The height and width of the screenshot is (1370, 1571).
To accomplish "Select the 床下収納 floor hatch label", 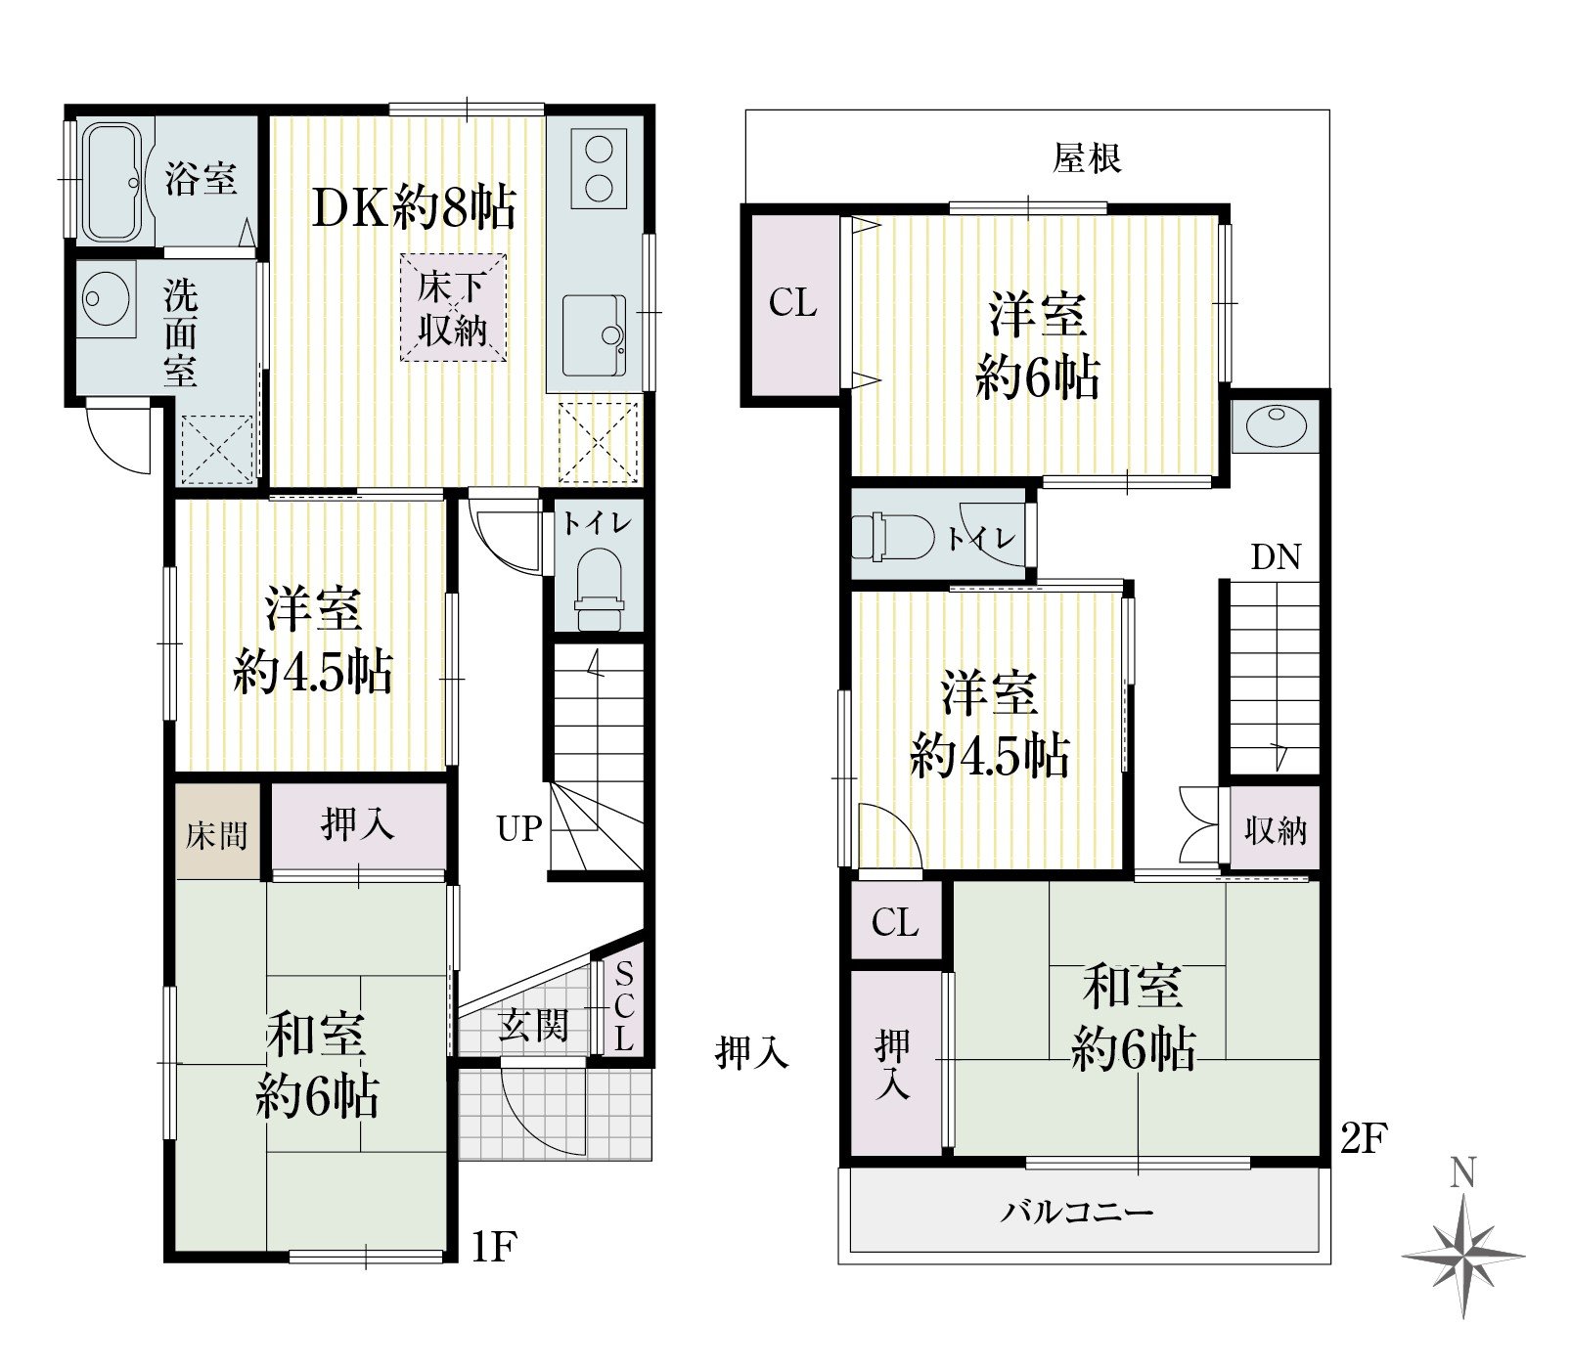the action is (x=453, y=308).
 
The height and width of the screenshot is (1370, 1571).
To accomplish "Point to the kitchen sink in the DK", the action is (x=595, y=334).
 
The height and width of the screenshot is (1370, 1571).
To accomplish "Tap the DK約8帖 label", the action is (x=414, y=207).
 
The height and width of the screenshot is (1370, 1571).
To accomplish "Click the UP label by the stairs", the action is (x=518, y=828).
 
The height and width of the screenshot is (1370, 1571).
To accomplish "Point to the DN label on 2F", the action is (x=1277, y=557).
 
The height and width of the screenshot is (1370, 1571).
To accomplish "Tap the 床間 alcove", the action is (x=217, y=833).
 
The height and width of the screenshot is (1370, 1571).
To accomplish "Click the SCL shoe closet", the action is (x=624, y=1005).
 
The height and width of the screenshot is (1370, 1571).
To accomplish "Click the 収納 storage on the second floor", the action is (x=1275, y=829).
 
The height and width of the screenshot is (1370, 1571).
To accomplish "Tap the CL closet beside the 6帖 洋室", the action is (x=792, y=303).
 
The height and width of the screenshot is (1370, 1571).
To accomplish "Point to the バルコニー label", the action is (x=1077, y=1213).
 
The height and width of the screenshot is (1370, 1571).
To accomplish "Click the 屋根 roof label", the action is (x=1087, y=156).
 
